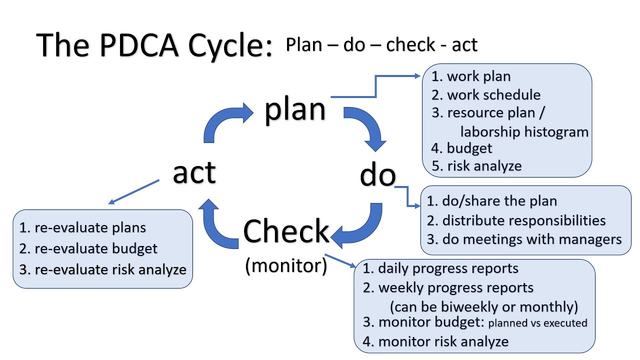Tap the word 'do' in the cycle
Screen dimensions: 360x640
click(377, 176)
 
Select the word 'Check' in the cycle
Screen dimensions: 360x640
click(286, 231)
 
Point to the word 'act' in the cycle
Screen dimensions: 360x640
click(194, 172)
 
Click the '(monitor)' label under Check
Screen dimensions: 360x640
click(286, 265)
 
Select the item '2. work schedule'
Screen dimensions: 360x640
click(486, 95)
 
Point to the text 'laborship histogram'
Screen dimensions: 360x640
click(524, 132)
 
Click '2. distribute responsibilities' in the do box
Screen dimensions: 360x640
click(516, 220)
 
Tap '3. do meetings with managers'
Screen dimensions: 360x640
click(524, 239)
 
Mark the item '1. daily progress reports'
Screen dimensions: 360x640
click(440, 268)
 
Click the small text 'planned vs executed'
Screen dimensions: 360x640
click(537, 323)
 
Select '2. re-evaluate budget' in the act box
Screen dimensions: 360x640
click(88, 248)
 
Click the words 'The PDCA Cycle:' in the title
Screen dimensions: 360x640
click(155, 45)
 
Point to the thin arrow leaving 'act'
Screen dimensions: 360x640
click(134, 192)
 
